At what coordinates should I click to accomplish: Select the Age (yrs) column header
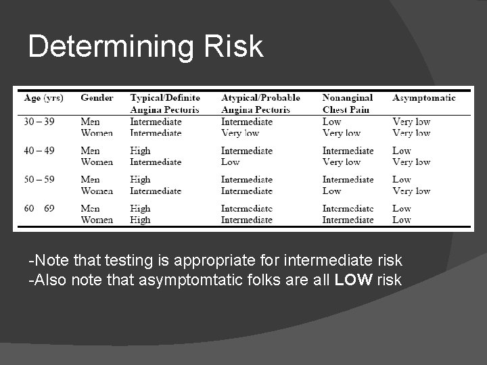tap(43, 98)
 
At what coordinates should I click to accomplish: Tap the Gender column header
tap(97, 98)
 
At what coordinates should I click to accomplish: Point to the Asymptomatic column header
tap(423, 98)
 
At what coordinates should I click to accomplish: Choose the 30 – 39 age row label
tap(40, 122)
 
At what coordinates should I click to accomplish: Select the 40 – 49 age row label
tap(40, 151)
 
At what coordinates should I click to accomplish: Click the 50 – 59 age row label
tap(40, 180)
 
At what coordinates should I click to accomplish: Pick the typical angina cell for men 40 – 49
tap(140, 151)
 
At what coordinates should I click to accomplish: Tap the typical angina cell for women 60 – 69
tap(140, 220)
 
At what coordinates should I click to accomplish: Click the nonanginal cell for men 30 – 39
tap(331, 122)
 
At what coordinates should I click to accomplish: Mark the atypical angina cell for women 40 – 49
tap(230, 162)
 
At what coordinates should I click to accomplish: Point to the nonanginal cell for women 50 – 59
tap(331, 191)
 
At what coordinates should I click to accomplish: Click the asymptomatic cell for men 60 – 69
tap(401, 209)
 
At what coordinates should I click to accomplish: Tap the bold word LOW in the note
tap(353, 280)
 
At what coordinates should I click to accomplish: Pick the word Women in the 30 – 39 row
tap(97, 132)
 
